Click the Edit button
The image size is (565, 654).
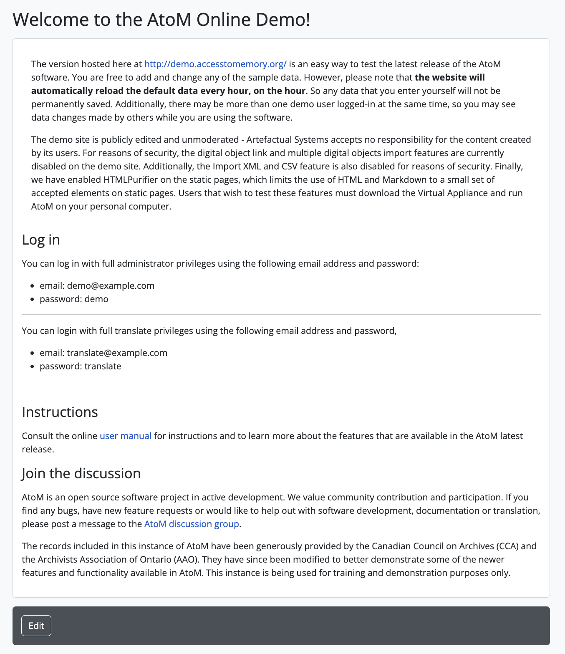36,626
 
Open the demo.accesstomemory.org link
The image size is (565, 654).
215,64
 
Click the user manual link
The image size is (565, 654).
125,436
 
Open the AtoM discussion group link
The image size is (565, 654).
192,524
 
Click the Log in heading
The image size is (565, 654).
41,240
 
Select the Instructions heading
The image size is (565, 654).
60,412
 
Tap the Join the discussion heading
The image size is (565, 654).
81,473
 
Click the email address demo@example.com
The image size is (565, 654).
111,285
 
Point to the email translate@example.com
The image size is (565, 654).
117,353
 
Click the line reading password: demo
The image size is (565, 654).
74,299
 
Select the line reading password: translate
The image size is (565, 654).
80,366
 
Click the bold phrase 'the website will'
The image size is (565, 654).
450,77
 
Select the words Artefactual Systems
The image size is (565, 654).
288,139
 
